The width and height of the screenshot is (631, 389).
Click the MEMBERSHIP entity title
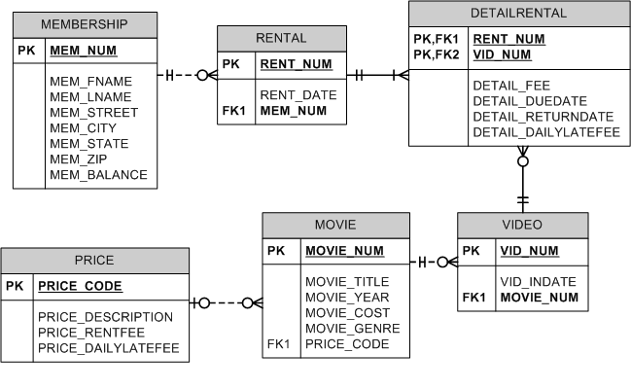tap(85, 24)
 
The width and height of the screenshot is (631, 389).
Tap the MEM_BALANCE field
tap(98, 175)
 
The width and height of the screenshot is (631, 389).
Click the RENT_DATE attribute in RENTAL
tap(298, 95)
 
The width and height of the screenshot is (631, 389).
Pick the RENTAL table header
tap(280, 38)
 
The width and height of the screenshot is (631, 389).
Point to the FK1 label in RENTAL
tap(234, 111)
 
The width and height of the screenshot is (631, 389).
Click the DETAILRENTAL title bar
tap(518, 14)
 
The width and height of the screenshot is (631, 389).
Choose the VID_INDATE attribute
tap(538, 282)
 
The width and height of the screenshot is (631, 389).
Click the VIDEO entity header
tap(522, 225)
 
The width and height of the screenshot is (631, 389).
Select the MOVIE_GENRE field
tap(352, 329)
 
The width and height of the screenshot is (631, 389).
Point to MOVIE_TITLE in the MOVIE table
tap(347, 282)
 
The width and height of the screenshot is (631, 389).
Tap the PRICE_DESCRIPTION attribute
tap(105, 317)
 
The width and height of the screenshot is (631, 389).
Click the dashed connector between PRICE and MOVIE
tap(226, 302)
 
